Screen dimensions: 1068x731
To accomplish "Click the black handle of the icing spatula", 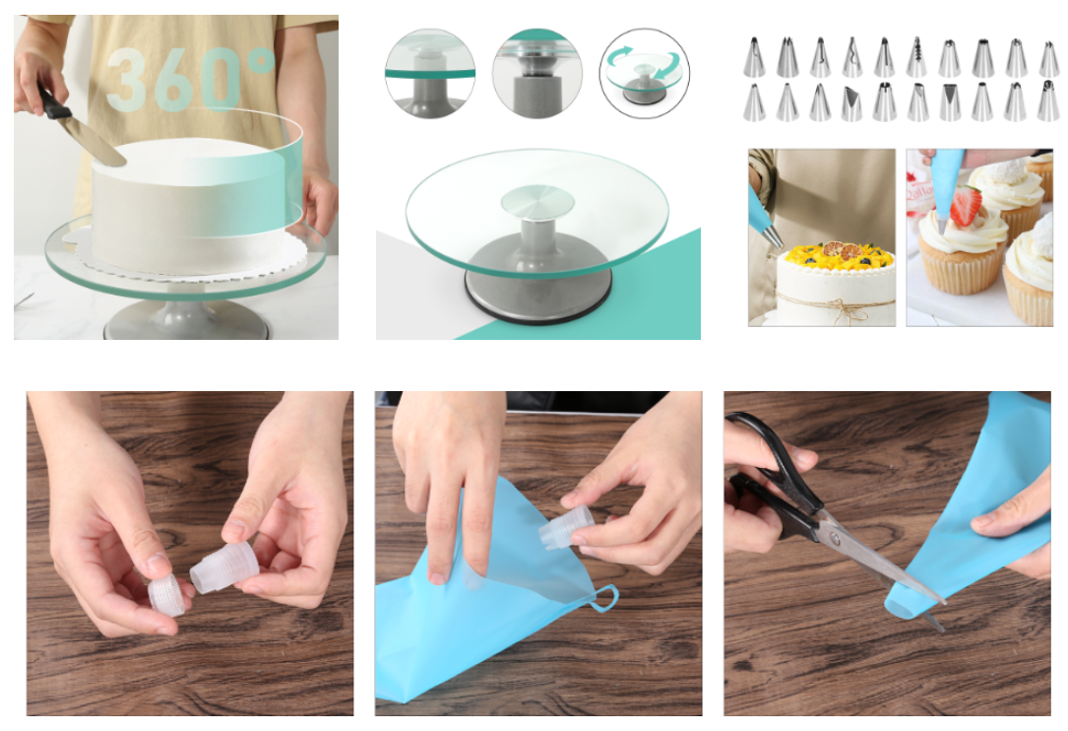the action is coord(52,102).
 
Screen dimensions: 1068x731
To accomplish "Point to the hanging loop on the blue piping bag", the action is coord(604,598).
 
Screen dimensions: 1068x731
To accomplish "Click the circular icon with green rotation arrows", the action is coord(645,73).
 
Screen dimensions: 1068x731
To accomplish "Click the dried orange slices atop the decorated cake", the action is coord(843,250).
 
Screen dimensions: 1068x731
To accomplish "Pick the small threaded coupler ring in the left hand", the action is coord(167,595).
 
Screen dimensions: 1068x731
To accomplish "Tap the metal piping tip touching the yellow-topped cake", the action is coord(773,237).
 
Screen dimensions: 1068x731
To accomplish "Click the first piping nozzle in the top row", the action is coord(754,57).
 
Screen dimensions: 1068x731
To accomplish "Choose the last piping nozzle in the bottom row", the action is coord(1048,100).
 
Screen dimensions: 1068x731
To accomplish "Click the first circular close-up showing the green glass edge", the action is coord(430,73).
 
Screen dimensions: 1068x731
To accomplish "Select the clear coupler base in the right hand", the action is coord(224,568).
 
